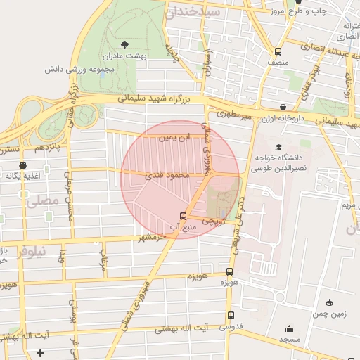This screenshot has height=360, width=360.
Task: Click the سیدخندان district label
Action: click(x=193, y=13)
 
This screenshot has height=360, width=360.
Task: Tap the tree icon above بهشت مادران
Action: click(x=124, y=44)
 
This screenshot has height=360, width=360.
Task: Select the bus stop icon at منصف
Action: click(x=278, y=51)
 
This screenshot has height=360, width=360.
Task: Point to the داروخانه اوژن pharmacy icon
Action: click(x=283, y=108)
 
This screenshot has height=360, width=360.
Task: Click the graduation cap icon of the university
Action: click(x=279, y=148)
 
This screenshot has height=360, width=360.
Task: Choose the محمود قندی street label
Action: click(x=167, y=175)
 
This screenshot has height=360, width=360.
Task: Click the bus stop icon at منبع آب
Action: click(x=184, y=216)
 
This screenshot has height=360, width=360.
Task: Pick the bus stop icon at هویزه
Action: click(x=229, y=271)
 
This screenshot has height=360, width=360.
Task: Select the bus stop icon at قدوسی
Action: click(x=231, y=316)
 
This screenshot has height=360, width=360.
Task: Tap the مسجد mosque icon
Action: click(x=289, y=328)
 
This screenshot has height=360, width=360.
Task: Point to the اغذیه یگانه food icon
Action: click(x=22, y=165)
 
